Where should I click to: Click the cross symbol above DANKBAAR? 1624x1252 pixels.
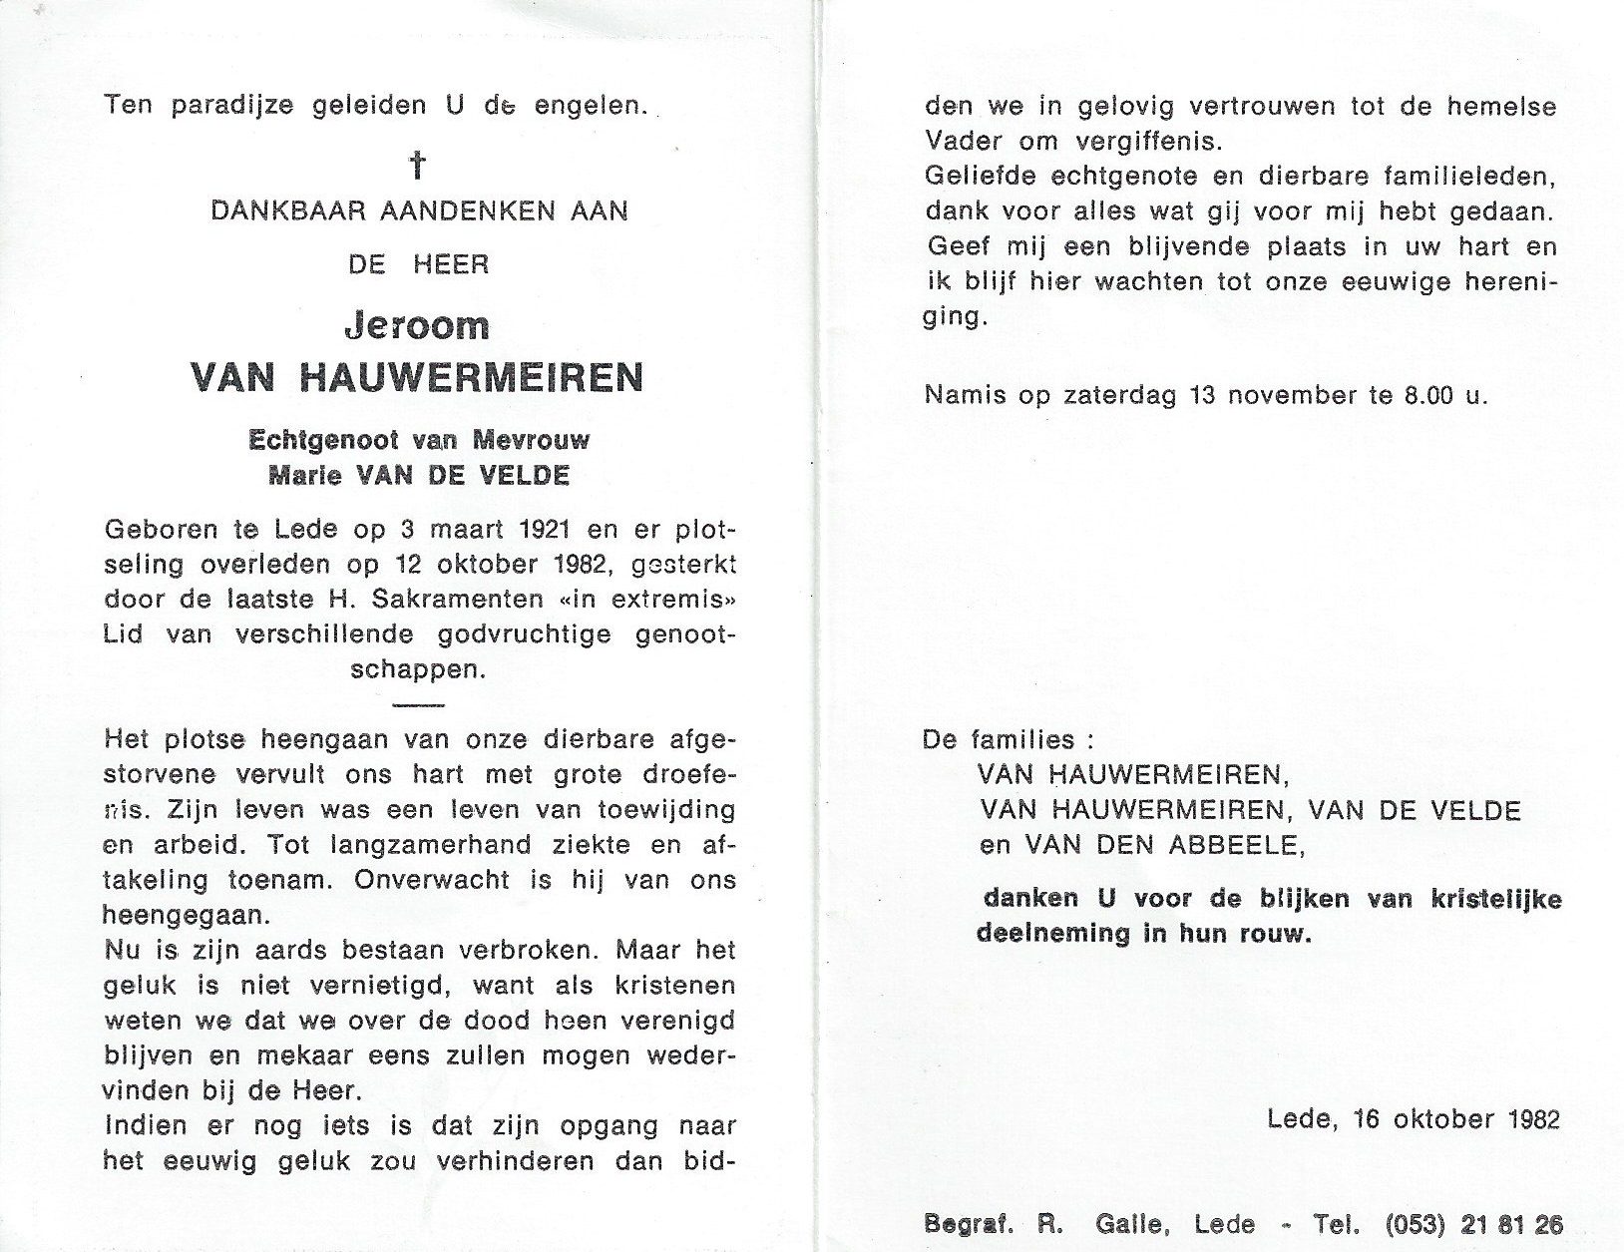[x=418, y=165]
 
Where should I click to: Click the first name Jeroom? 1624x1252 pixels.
[x=417, y=326]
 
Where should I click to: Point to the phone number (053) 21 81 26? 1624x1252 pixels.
[x=1473, y=1224]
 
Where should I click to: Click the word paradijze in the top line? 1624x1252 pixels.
[x=232, y=106]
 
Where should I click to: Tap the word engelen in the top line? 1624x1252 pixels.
[x=591, y=106]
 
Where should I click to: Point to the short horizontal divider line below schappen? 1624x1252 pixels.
[x=418, y=705]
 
